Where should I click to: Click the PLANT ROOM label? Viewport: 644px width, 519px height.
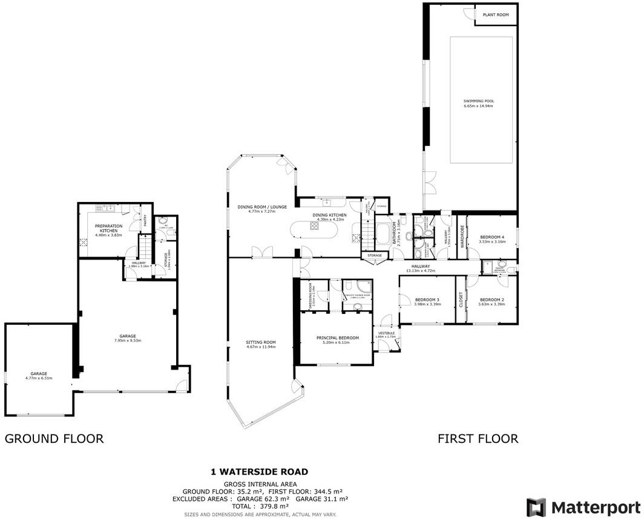pos(494,15)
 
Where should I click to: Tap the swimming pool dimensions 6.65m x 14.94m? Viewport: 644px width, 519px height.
pos(478,106)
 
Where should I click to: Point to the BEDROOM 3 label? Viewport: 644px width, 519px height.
pos(427,299)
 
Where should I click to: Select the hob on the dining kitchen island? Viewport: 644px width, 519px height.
pos(315,226)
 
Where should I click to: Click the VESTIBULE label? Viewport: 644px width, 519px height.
pos(386,333)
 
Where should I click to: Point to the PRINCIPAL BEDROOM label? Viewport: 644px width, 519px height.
pos(338,338)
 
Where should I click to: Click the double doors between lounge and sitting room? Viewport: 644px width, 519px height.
pos(261,252)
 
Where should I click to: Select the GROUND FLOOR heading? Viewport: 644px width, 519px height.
pos(54,439)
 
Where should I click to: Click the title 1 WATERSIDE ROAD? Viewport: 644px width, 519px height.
pos(259,471)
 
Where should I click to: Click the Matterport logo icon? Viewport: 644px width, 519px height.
pos(536,507)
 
